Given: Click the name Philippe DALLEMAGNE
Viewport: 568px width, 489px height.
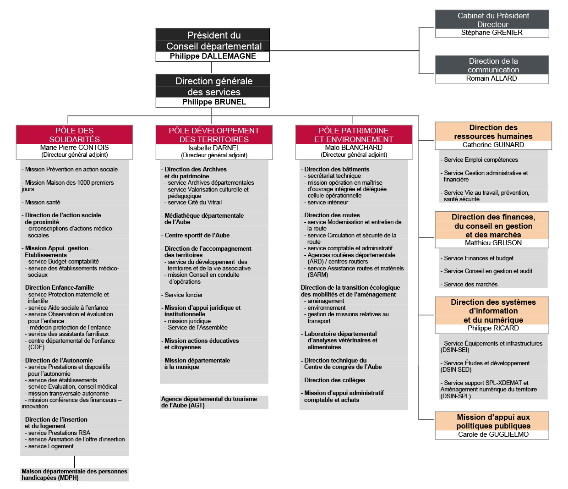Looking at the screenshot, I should (x=213, y=56).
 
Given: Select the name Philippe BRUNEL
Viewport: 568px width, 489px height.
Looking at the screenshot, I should (x=214, y=102).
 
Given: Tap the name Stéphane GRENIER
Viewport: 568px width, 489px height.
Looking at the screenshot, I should (x=492, y=33).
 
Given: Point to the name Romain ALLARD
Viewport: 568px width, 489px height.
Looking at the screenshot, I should (x=492, y=78).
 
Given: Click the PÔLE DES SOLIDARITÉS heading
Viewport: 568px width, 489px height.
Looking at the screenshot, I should (x=74, y=135).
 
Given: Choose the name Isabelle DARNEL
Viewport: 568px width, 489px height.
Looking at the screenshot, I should (x=214, y=148).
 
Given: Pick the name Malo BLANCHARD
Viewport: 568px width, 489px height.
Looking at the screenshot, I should (x=354, y=148).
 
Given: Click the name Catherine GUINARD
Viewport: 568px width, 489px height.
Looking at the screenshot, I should (x=493, y=145).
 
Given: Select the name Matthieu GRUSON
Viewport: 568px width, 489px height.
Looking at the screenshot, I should (x=493, y=243).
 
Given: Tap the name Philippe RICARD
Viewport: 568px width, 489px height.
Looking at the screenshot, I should (x=493, y=328).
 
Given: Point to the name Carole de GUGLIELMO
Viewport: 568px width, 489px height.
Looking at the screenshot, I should (x=493, y=434).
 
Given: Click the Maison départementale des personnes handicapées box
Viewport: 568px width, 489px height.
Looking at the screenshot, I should (x=74, y=474).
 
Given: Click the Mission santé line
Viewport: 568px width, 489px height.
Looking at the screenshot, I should (x=43, y=202).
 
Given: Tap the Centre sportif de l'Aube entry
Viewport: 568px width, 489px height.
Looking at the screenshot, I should (x=197, y=235).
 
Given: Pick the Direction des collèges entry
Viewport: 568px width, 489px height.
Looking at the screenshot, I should (x=334, y=380).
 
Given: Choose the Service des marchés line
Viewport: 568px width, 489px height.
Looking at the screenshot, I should (x=470, y=284).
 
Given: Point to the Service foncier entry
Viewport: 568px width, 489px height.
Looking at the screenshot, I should (x=184, y=295).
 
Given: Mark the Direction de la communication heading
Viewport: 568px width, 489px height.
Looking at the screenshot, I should (x=493, y=65).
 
